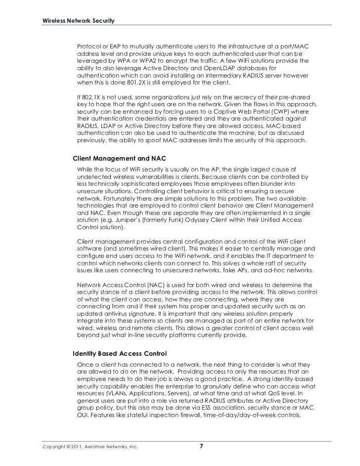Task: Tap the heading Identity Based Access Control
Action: [x=120, y=354]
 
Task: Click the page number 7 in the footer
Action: [x=200, y=447]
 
